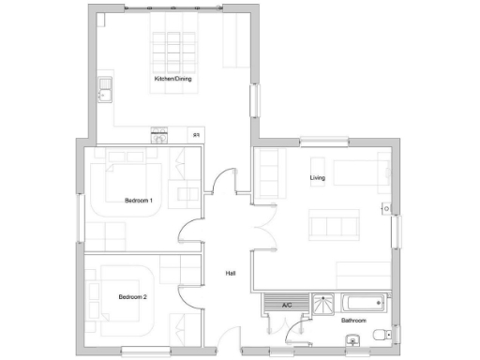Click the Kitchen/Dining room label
click(x=173, y=79)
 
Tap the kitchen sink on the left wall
click(x=104, y=91)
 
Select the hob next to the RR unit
click(x=160, y=136)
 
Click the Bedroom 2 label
click(x=133, y=296)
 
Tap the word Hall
click(x=231, y=274)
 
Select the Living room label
click(x=318, y=176)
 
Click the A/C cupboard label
click(x=287, y=304)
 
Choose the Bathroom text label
click(x=352, y=321)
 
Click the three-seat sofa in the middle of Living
click(x=334, y=226)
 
